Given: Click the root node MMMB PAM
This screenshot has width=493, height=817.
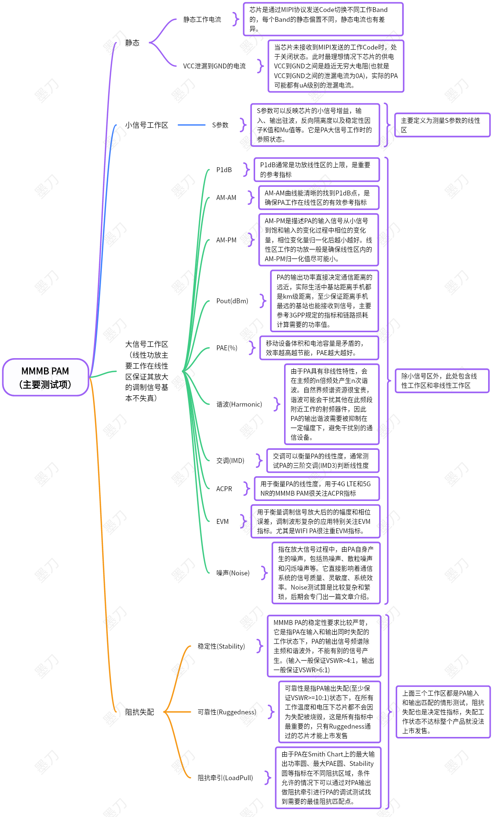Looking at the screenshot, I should (x=45, y=377).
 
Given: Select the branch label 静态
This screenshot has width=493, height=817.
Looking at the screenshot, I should (x=132, y=43).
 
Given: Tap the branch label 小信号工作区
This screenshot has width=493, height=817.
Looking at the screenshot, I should (x=147, y=125).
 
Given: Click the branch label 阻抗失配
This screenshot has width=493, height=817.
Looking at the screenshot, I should (x=139, y=712).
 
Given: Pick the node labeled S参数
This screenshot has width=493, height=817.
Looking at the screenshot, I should (x=220, y=125).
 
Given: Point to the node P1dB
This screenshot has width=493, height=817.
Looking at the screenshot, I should (x=224, y=170).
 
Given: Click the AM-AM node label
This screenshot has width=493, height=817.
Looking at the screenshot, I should (x=226, y=198).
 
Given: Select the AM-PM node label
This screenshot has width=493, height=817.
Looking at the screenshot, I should (x=226, y=240).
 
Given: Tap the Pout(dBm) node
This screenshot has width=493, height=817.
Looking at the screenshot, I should (x=232, y=301).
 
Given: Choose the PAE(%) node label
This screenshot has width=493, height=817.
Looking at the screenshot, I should (x=227, y=348).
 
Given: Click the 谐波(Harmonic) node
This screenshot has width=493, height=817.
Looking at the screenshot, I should (x=239, y=404).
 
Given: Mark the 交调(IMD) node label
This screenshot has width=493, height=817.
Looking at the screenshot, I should (x=230, y=461).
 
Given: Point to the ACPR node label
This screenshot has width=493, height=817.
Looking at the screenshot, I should (x=224, y=489).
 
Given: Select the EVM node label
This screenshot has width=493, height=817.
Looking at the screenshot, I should (x=222, y=522).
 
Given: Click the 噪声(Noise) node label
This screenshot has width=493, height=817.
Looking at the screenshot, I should (x=233, y=573).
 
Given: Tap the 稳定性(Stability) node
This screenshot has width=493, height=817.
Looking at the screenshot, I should (x=221, y=646).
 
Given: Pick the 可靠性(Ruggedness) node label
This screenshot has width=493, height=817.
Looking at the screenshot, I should (x=227, y=712).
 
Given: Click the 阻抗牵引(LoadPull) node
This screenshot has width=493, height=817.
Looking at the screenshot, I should (x=225, y=778).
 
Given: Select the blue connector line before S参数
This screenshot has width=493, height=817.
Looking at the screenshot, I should (x=191, y=125).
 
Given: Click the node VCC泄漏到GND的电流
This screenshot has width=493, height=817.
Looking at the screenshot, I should (x=214, y=66).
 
